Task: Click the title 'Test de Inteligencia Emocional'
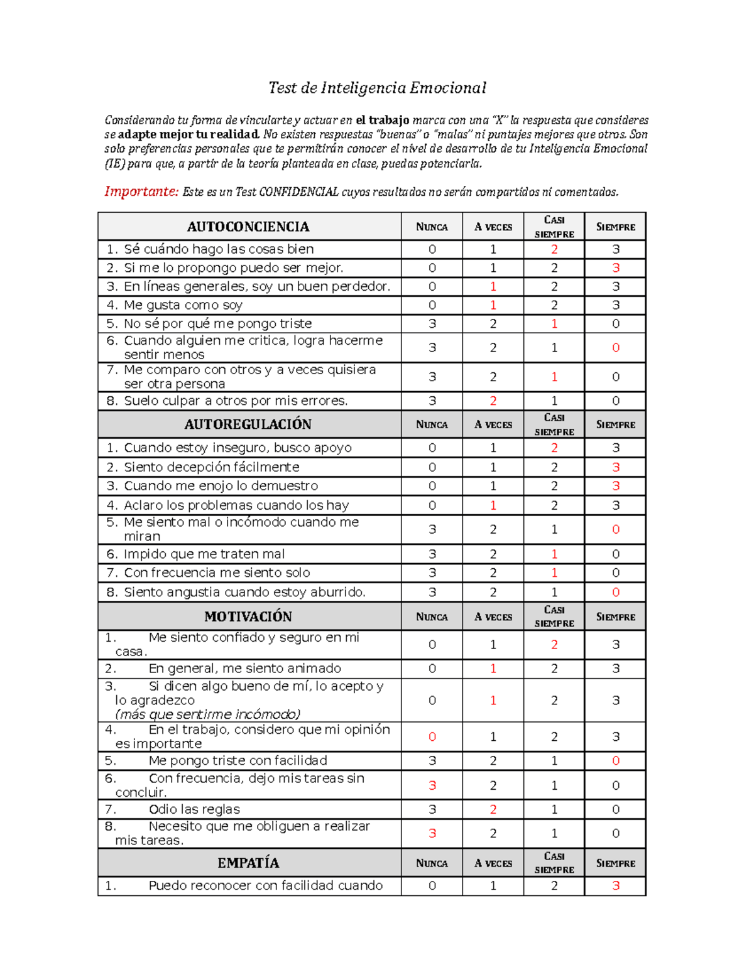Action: [x=377, y=88]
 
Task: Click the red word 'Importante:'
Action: [x=141, y=191]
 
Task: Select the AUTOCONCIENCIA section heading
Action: [x=248, y=227]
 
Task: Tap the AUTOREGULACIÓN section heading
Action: [x=248, y=424]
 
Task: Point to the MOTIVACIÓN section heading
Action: [x=248, y=617]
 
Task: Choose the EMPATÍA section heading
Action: [x=248, y=863]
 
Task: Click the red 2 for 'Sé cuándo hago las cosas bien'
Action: [x=554, y=249]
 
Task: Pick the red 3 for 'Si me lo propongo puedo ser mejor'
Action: [x=616, y=268]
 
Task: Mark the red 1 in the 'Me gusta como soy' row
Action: [x=493, y=305]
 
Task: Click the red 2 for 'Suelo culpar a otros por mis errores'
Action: [x=493, y=401]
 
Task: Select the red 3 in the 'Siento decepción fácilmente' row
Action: [x=616, y=467]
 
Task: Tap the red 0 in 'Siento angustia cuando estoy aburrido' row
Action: [x=616, y=592]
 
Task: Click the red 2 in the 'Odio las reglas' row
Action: [x=493, y=809]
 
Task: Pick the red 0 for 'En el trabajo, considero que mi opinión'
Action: [x=432, y=736]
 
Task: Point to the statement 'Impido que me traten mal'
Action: [x=204, y=554]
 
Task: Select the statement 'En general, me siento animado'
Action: [x=244, y=669]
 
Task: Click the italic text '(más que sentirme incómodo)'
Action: [x=208, y=714]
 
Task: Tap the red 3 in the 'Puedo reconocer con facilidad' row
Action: [x=616, y=886]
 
